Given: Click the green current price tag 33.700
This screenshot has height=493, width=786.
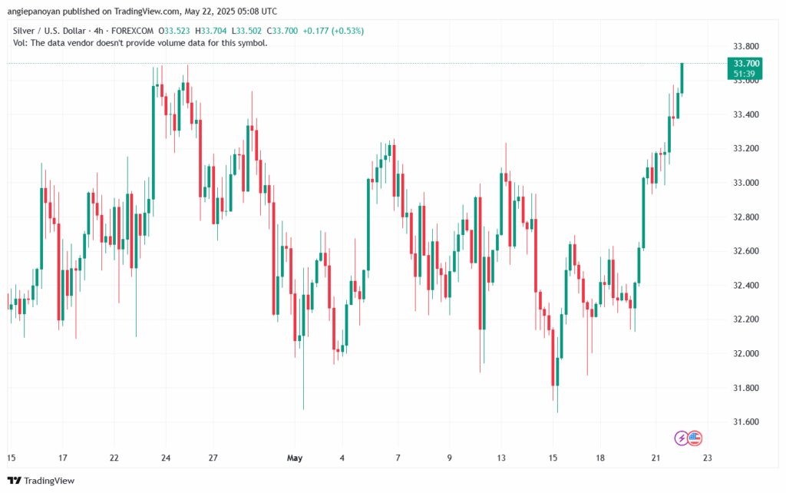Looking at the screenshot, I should pyautogui.click(x=747, y=63).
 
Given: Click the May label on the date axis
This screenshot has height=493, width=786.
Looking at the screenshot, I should pyautogui.click(x=295, y=458).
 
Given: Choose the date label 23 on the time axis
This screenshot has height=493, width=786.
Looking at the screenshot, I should pyautogui.click(x=708, y=458).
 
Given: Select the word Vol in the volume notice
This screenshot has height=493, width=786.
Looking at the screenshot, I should pyautogui.click(x=21, y=43).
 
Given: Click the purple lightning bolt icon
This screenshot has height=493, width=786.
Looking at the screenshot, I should pyautogui.click(x=682, y=438).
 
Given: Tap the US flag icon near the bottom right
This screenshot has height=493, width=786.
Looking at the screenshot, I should pyautogui.click(x=695, y=438).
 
